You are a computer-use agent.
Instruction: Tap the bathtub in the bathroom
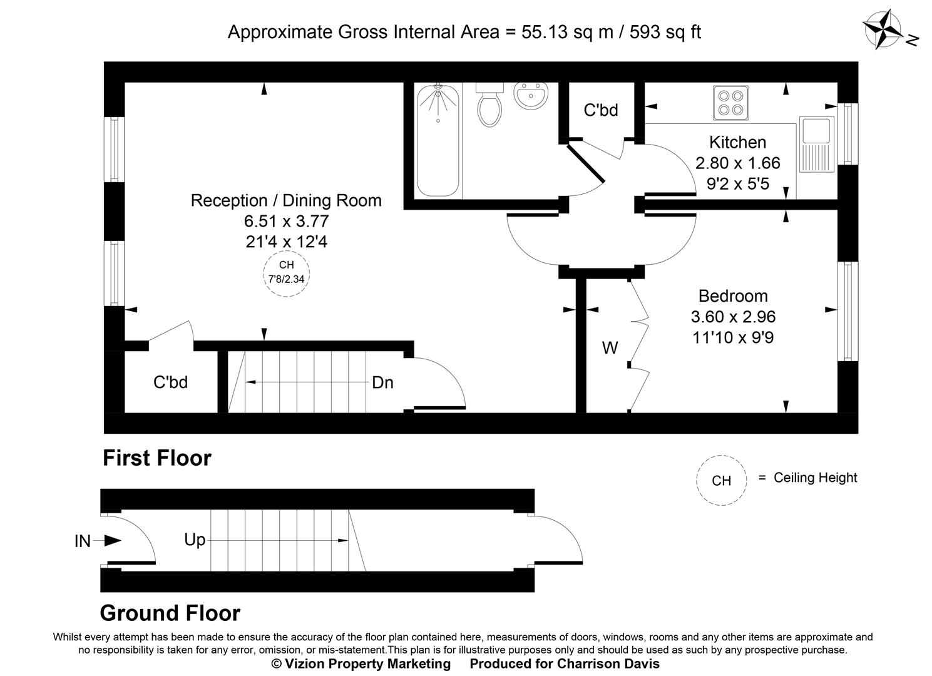tap(438, 141)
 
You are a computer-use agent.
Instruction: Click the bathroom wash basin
tap(531, 96)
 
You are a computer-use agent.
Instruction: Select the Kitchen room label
tap(737, 142)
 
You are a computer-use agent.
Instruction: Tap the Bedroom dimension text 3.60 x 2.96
tap(733, 317)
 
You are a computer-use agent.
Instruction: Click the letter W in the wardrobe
tap(610, 348)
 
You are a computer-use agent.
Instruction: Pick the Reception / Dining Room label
tap(286, 201)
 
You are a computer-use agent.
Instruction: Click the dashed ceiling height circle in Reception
tap(286, 273)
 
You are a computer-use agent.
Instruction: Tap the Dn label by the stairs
tap(382, 382)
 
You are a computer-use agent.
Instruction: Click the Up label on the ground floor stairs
tap(195, 540)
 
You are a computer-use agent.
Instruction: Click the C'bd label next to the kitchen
tap(601, 110)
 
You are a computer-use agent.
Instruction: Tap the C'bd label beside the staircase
tap(170, 382)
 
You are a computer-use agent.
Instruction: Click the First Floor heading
tap(157, 458)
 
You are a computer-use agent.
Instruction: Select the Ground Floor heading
tap(170, 613)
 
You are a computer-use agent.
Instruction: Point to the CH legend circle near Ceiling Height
tap(721, 480)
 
